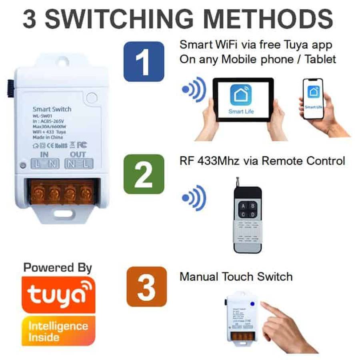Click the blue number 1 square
pyautogui.click(x=144, y=62)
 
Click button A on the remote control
pyautogui.click(x=242, y=206)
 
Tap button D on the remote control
pyautogui.click(x=253, y=215)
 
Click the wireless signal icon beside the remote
pyautogui.click(x=194, y=198)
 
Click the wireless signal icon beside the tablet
pyautogui.click(x=194, y=90)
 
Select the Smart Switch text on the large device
pyautogui.click(x=52, y=109)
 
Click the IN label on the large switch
pyautogui.click(x=44, y=154)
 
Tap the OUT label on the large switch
pyautogui.click(x=78, y=154)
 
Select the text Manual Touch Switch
pyautogui.click(x=236, y=276)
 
